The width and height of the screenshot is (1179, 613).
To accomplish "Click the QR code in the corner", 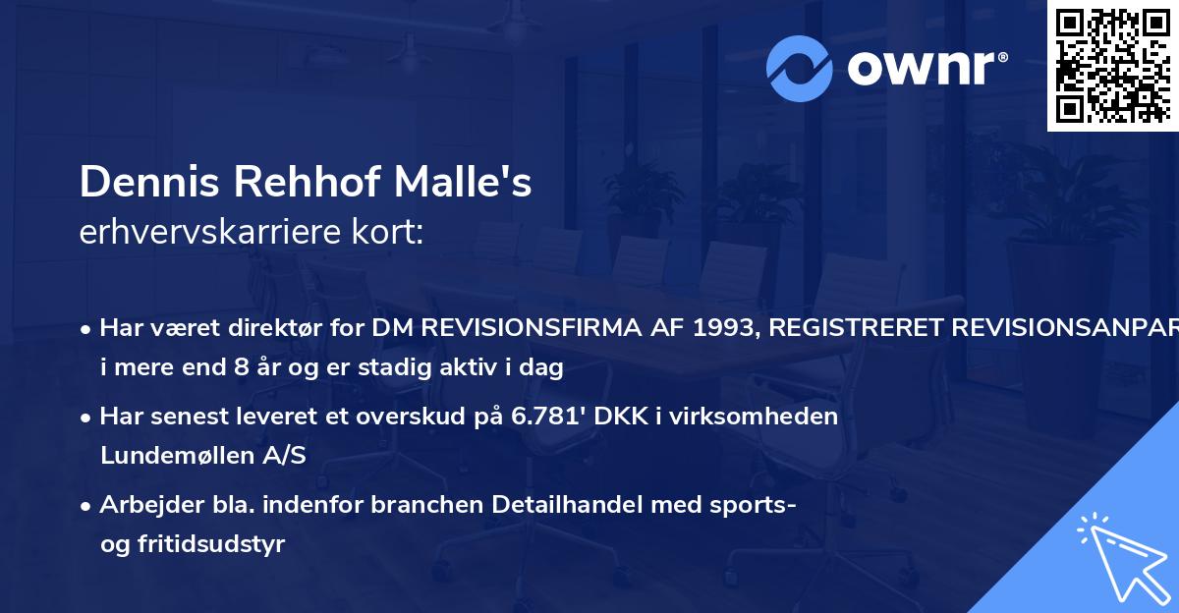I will click(1111, 65).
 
